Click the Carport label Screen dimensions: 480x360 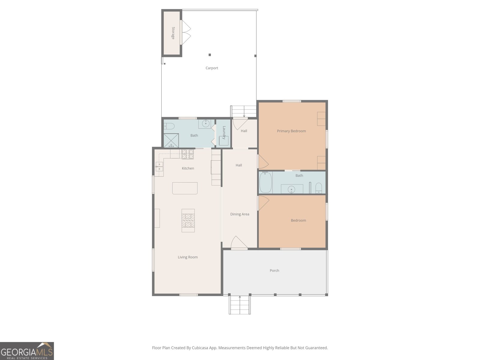pos(212,68)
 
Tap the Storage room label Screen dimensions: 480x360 pos(173,33)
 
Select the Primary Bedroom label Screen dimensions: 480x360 pos(291,131)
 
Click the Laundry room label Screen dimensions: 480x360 pos(224,133)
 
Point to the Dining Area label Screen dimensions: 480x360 pos(240,214)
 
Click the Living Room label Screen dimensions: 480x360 pos(187,257)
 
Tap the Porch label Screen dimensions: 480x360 pos(274,270)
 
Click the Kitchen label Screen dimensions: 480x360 pos(188,168)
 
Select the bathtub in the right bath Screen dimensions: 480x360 pos(265,182)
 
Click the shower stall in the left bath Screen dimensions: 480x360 pos(171,140)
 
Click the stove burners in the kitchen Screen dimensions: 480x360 pos(188,154)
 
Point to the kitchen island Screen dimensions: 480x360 pos(185,188)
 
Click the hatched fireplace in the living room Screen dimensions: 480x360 pos(188,220)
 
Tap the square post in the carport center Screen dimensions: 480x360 pos(210,55)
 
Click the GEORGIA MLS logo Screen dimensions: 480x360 pos(27,351)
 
